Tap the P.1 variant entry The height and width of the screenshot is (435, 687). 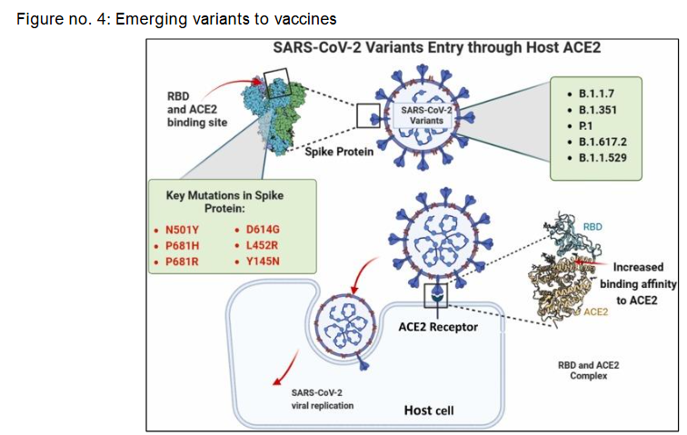click(589, 125)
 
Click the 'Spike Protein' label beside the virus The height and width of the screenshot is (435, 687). click(340, 152)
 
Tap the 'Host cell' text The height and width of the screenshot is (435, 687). click(428, 410)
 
